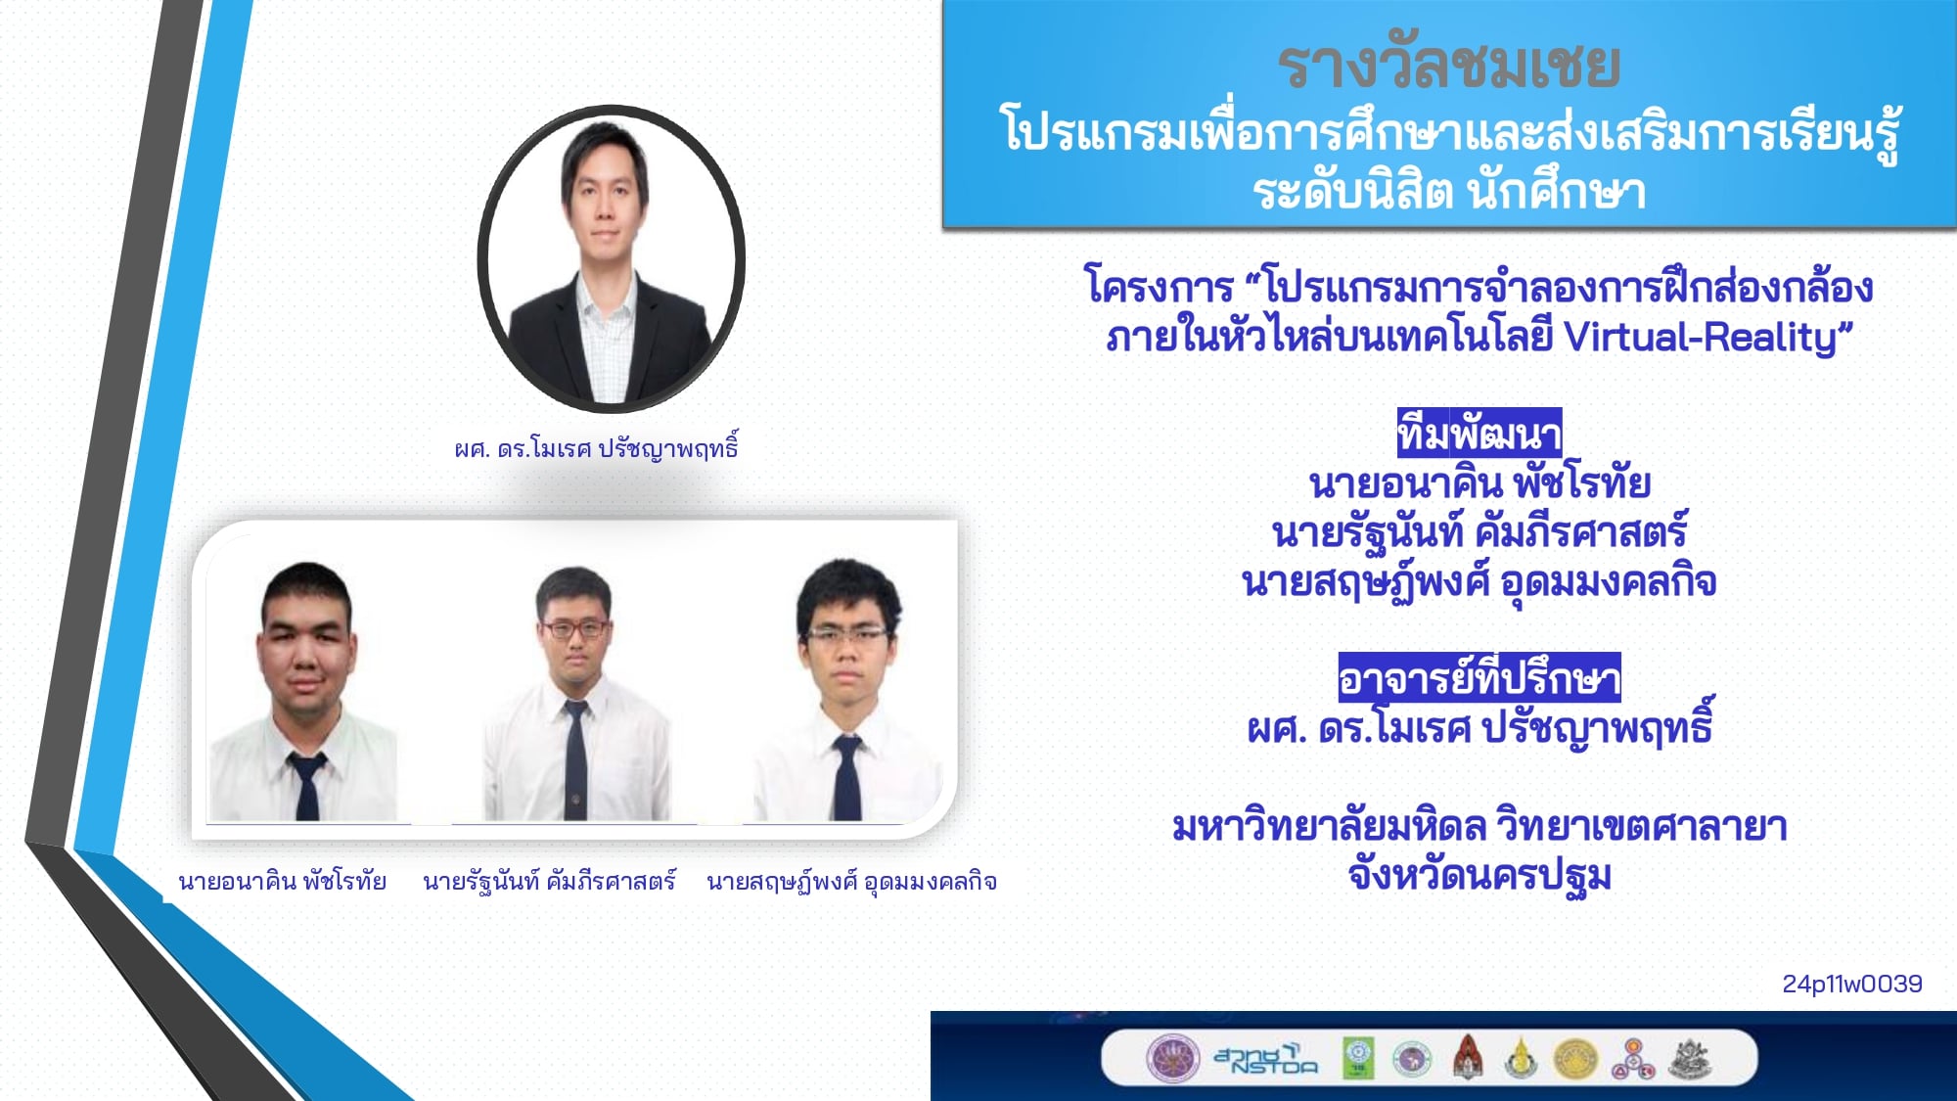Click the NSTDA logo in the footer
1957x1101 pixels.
(1265, 1059)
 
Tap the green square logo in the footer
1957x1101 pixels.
(1357, 1058)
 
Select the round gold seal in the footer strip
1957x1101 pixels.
(1574, 1059)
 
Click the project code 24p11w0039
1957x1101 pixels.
(1851, 984)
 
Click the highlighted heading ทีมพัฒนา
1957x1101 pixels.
(1479, 433)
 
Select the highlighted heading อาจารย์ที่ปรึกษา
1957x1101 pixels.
(1479, 677)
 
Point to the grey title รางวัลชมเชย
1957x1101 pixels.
(1449, 66)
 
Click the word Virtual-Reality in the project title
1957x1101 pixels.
(1701, 337)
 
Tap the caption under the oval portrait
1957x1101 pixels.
(596, 448)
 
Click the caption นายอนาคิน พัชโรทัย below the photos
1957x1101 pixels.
(282, 881)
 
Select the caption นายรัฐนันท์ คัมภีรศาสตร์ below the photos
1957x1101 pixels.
(549, 881)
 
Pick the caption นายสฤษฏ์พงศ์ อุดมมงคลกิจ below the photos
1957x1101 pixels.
(851, 882)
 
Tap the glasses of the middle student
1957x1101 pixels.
(574, 629)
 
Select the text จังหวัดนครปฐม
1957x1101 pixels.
(1479, 875)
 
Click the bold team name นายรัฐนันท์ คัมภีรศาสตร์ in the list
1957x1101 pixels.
(1479, 532)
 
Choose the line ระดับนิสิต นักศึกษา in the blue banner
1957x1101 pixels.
(1449, 190)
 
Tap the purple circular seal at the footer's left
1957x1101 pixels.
(1172, 1059)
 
